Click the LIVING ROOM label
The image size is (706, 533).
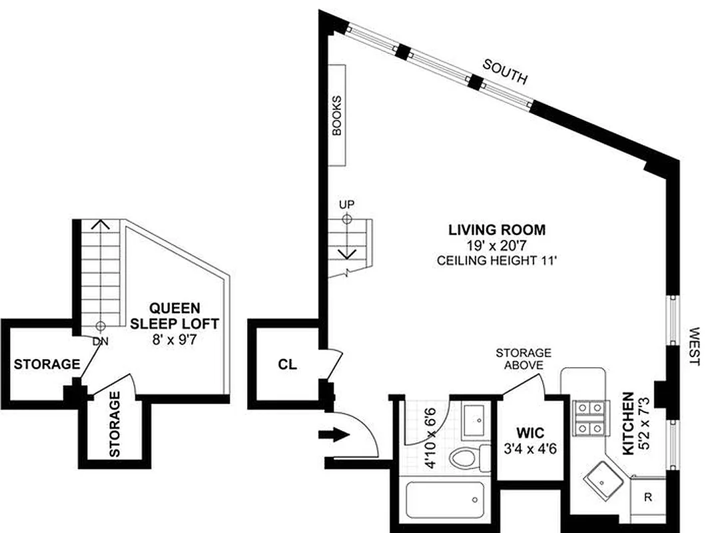(x=496, y=231)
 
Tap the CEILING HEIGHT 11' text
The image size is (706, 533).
(x=496, y=261)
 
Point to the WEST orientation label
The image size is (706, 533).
(x=695, y=346)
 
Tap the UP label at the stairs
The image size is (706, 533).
(x=346, y=203)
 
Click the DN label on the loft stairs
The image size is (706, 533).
(x=100, y=341)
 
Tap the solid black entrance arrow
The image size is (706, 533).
(x=334, y=436)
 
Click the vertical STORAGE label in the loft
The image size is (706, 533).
(x=115, y=424)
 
